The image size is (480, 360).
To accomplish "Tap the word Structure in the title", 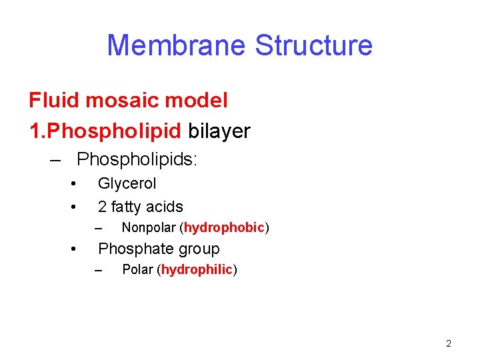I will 313,45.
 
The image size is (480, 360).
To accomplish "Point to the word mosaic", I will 119,101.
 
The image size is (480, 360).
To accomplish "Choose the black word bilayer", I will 219,131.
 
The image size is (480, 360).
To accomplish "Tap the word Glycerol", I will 127,183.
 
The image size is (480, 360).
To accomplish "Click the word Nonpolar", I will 149,228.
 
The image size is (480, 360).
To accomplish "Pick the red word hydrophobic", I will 224,228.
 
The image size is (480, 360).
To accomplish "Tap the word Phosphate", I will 133,249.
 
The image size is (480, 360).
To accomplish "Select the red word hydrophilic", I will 197,270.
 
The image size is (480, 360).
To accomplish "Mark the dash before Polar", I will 99,271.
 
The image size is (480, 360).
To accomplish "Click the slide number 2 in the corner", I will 448,344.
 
